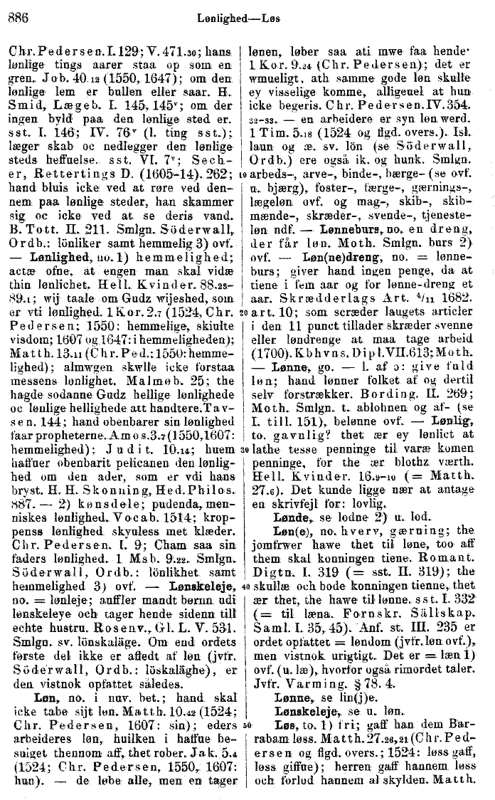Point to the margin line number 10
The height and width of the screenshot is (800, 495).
[244, 173]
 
